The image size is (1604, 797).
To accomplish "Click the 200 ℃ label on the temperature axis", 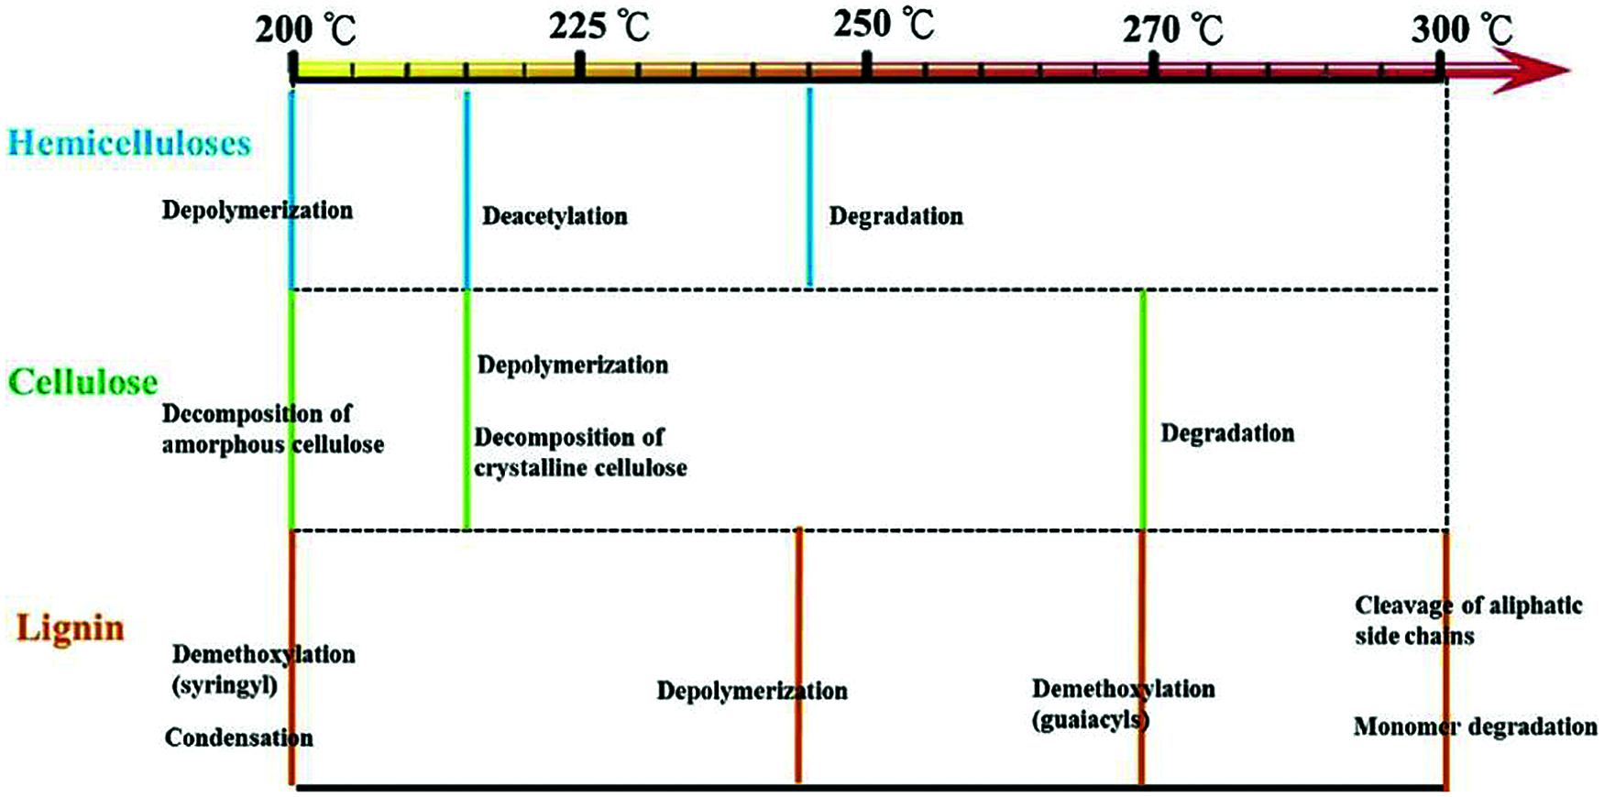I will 305,30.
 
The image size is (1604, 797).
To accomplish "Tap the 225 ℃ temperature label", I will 599,27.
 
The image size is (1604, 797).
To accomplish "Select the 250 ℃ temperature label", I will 884,25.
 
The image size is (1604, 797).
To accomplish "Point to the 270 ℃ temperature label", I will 1172,30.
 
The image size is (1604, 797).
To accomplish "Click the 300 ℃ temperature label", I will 1461,30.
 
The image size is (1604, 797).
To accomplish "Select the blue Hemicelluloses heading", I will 129,143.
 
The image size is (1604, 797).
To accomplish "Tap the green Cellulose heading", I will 82,382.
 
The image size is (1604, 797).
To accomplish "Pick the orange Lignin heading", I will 71,628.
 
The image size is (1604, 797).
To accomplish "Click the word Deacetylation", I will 555,216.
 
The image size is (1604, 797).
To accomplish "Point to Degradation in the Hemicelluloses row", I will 895,216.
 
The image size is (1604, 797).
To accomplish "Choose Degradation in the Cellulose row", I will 1227,433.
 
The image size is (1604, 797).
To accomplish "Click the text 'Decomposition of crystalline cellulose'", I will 580,453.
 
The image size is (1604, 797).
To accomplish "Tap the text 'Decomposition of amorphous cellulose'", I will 272,429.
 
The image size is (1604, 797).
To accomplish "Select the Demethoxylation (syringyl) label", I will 263,670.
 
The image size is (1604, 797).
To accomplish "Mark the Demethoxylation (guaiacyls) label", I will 1123,704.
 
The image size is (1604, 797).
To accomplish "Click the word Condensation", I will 238,737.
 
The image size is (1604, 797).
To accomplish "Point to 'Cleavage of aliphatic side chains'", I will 1468,620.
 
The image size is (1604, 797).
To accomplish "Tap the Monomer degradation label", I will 1475,726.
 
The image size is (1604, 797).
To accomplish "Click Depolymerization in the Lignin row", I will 752,691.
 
